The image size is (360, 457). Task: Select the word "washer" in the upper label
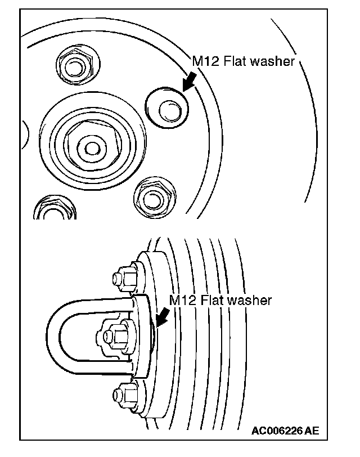[x=275, y=61]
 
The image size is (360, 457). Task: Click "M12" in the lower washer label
[x=182, y=300]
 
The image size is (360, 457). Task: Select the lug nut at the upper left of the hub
[x=71, y=68]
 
